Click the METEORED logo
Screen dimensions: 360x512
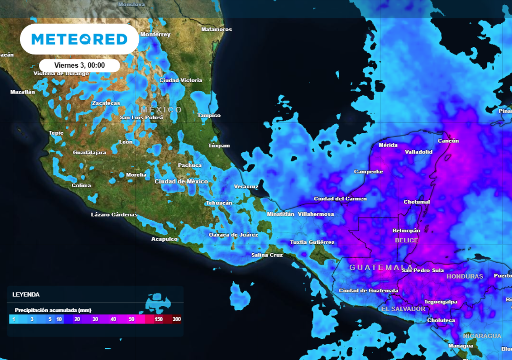[x=79, y=39]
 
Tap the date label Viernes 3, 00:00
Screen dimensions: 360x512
[x=79, y=65]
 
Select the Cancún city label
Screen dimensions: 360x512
[x=448, y=141]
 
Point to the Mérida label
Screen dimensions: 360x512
[x=388, y=145]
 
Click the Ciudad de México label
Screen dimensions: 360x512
[x=181, y=182]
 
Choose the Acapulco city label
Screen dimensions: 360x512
[x=164, y=239]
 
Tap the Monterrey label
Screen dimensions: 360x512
[x=155, y=35]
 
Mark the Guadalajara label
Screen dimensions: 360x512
[x=89, y=152]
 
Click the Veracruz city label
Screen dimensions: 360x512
[x=246, y=187]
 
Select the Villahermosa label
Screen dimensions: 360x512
[x=316, y=214]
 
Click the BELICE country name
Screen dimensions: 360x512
[x=406, y=240]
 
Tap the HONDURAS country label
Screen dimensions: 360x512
[x=465, y=276]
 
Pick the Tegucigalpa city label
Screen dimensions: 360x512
[x=441, y=302]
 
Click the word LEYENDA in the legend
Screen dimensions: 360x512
[x=26, y=295]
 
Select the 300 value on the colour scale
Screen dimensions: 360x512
[x=176, y=319]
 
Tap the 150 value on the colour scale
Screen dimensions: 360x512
[x=159, y=319]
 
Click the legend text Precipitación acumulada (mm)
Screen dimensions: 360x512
[x=53, y=310]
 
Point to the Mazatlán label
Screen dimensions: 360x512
[x=23, y=92]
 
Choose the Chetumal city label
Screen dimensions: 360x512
[x=417, y=202]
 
